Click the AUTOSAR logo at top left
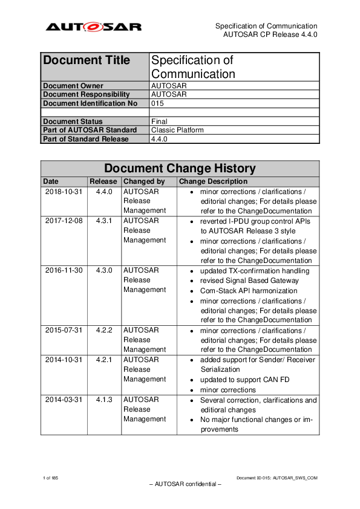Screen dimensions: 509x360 pos(94,27)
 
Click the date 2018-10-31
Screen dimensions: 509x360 pos(64,192)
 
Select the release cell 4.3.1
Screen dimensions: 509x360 pos(104,221)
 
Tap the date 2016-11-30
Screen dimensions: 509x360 pos(64,271)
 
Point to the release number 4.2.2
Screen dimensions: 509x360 pos(104,330)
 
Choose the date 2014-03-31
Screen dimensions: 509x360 pos(64,400)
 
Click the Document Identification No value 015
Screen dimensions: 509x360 pos(157,103)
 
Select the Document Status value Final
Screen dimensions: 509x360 pos(159,122)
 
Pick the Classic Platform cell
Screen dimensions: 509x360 pos(177,130)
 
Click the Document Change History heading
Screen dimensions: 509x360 pos(180,168)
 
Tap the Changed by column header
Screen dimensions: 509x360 pos(143,181)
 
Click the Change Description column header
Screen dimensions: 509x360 pos(214,181)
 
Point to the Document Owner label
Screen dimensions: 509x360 pos(73,86)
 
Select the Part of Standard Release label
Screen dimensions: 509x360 pos(86,139)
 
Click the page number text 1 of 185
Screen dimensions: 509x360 pos(50,478)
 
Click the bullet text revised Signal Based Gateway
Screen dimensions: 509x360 pos(249,280)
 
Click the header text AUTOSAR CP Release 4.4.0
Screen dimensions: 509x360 pos(270,34)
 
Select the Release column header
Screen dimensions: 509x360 pos(103,181)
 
